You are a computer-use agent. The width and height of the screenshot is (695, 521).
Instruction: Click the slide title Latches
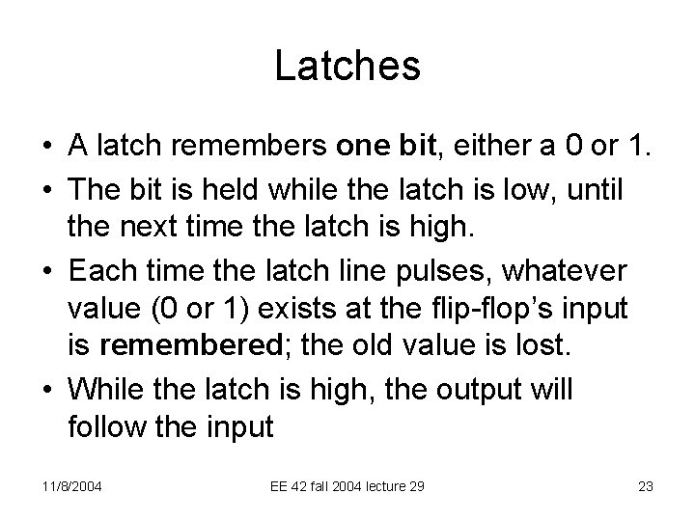tap(347, 67)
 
